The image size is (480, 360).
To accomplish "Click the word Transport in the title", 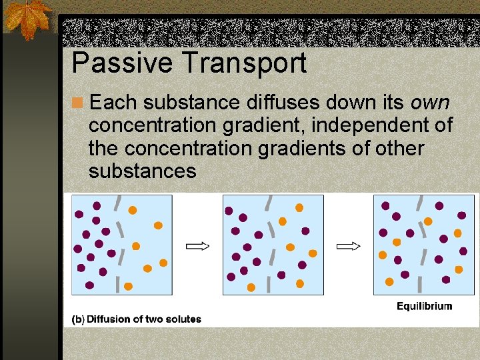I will point(243,63).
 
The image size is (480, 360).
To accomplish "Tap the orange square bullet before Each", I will point(78,103).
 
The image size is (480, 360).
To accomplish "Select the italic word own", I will point(430,103).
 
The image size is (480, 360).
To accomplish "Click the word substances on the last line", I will point(142,171).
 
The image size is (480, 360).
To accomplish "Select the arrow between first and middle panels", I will point(197,246).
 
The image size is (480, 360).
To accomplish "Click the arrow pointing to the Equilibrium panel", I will point(348,246).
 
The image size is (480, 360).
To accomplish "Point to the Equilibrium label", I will point(424,307).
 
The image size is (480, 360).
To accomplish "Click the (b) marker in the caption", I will point(78,319).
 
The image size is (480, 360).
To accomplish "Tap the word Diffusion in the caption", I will point(109,319).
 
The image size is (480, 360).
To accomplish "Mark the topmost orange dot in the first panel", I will point(133,210).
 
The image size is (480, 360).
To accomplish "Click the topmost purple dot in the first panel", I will point(97,206).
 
